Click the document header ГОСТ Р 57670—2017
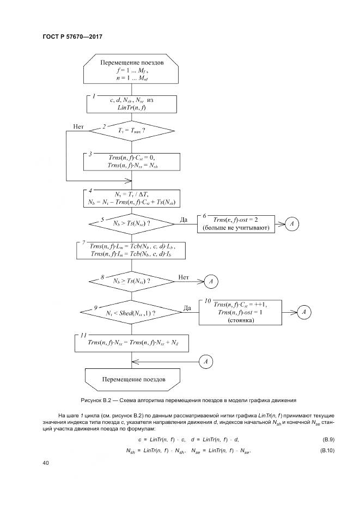[x=72, y=36]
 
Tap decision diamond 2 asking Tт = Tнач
[x=132, y=131]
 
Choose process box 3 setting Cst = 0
[x=132, y=161]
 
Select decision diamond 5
[x=132, y=223]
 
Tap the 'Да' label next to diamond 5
[x=184, y=219]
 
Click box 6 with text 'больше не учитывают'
[x=236, y=223]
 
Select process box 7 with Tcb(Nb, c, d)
[x=132, y=250]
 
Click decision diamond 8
[x=132, y=281]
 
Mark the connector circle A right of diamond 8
[x=211, y=281]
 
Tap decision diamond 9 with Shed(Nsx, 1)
[x=132, y=313]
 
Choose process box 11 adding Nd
[x=132, y=342]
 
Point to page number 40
[x=46, y=463]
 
